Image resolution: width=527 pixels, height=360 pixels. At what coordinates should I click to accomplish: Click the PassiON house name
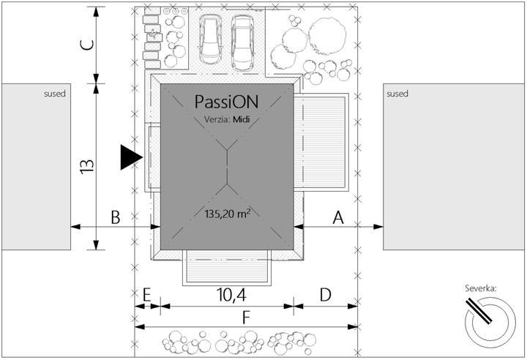tap(226, 102)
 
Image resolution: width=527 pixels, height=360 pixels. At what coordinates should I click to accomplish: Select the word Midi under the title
tap(242, 119)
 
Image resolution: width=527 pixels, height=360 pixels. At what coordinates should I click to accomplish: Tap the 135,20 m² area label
tap(228, 214)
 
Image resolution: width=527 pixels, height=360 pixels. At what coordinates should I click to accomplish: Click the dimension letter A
tap(338, 217)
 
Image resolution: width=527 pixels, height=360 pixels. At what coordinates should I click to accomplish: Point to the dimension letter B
tap(116, 217)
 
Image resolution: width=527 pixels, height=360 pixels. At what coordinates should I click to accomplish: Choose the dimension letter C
tap(87, 45)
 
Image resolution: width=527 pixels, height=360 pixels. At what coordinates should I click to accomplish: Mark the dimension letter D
tap(325, 295)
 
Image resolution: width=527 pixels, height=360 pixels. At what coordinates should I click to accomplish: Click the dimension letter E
tap(146, 295)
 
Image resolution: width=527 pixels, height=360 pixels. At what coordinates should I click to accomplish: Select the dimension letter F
tap(246, 318)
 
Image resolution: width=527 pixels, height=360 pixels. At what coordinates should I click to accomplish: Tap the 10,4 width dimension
tap(231, 295)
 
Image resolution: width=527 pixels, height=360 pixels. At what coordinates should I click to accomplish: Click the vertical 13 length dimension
tap(86, 166)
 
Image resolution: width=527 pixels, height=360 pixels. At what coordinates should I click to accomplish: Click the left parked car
tap(210, 40)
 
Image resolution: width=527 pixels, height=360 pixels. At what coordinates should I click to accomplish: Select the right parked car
tap(243, 43)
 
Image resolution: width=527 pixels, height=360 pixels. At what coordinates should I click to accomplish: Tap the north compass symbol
tap(490, 322)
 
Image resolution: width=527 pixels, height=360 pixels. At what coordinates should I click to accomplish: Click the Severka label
tap(481, 288)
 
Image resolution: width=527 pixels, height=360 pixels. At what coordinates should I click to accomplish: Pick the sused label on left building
tap(55, 94)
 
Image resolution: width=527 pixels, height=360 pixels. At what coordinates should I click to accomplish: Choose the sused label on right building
tap(397, 94)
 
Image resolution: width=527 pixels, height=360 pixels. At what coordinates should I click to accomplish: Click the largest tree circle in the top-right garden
tap(327, 35)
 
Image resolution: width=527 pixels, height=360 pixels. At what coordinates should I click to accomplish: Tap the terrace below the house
tap(227, 268)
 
